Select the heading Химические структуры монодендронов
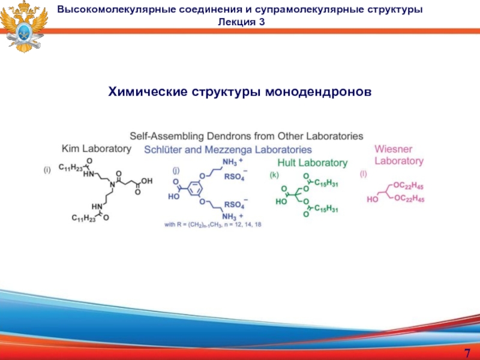[240, 91]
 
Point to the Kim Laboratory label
[96, 148]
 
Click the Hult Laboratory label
[312, 163]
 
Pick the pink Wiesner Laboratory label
[399, 155]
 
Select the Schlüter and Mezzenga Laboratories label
[228, 149]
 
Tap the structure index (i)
[47, 170]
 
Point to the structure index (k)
[274, 175]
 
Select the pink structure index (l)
[363, 174]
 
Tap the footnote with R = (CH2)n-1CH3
[213, 225]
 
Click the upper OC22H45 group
[409, 187]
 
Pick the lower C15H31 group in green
[325, 209]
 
